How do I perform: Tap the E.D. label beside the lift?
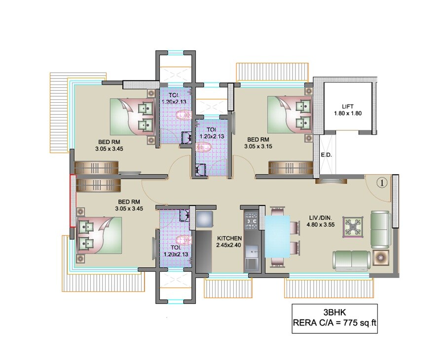pos(326,155)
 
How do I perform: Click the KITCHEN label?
pos(229,238)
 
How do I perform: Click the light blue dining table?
pos(277,236)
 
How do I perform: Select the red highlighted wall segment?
pos(72,200)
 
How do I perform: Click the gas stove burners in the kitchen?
pos(251,221)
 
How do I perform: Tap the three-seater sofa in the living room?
pos(351,259)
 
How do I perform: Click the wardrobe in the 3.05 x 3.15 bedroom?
pos(291,168)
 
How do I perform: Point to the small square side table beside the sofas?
pos(381,256)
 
